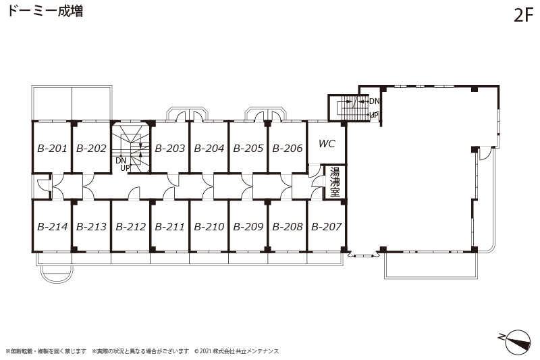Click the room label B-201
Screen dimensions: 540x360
point(52,149)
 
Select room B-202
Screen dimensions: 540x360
point(91,149)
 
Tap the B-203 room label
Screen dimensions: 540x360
point(170,149)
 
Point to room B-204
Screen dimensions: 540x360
point(209,149)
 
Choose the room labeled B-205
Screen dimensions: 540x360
point(248,149)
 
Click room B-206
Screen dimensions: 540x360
point(288,149)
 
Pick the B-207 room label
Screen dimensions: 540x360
point(327,227)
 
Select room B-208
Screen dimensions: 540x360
point(288,227)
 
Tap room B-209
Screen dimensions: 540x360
point(248,227)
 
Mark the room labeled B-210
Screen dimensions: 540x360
point(209,227)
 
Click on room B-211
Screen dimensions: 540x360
point(170,227)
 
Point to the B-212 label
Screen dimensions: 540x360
point(130,227)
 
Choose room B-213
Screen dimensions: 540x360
point(91,227)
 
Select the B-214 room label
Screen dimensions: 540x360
point(52,227)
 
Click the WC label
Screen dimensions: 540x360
point(327,143)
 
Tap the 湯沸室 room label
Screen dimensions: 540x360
point(335,182)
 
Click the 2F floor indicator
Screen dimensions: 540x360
point(524,15)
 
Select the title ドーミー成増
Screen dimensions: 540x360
point(45,11)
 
